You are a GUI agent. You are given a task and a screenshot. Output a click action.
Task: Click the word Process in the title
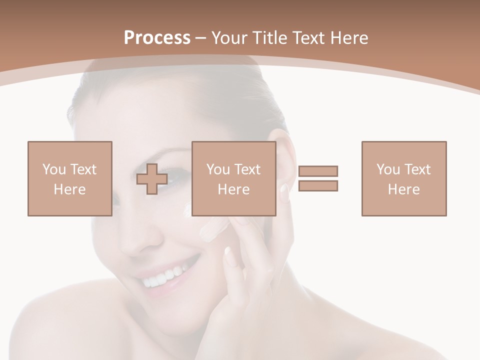click(157, 38)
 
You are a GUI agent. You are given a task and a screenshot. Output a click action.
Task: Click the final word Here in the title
click(349, 38)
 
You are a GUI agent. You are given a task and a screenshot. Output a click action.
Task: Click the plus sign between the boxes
click(152, 179)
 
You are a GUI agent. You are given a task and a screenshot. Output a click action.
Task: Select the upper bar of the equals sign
click(318, 171)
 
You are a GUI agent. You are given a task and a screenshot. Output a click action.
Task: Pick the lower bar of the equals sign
click(318, 185)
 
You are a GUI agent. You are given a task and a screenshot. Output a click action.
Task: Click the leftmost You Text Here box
click(69, 178)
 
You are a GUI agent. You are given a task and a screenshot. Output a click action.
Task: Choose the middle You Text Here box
click(233, 178)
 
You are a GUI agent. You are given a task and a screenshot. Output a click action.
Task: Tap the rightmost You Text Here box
click(403, 178)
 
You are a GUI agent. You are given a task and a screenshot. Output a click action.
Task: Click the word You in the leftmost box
click(53, 169)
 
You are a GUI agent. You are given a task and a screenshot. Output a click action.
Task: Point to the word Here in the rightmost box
click(403, 189)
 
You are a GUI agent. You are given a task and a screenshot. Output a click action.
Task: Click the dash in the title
click(201, 38)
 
